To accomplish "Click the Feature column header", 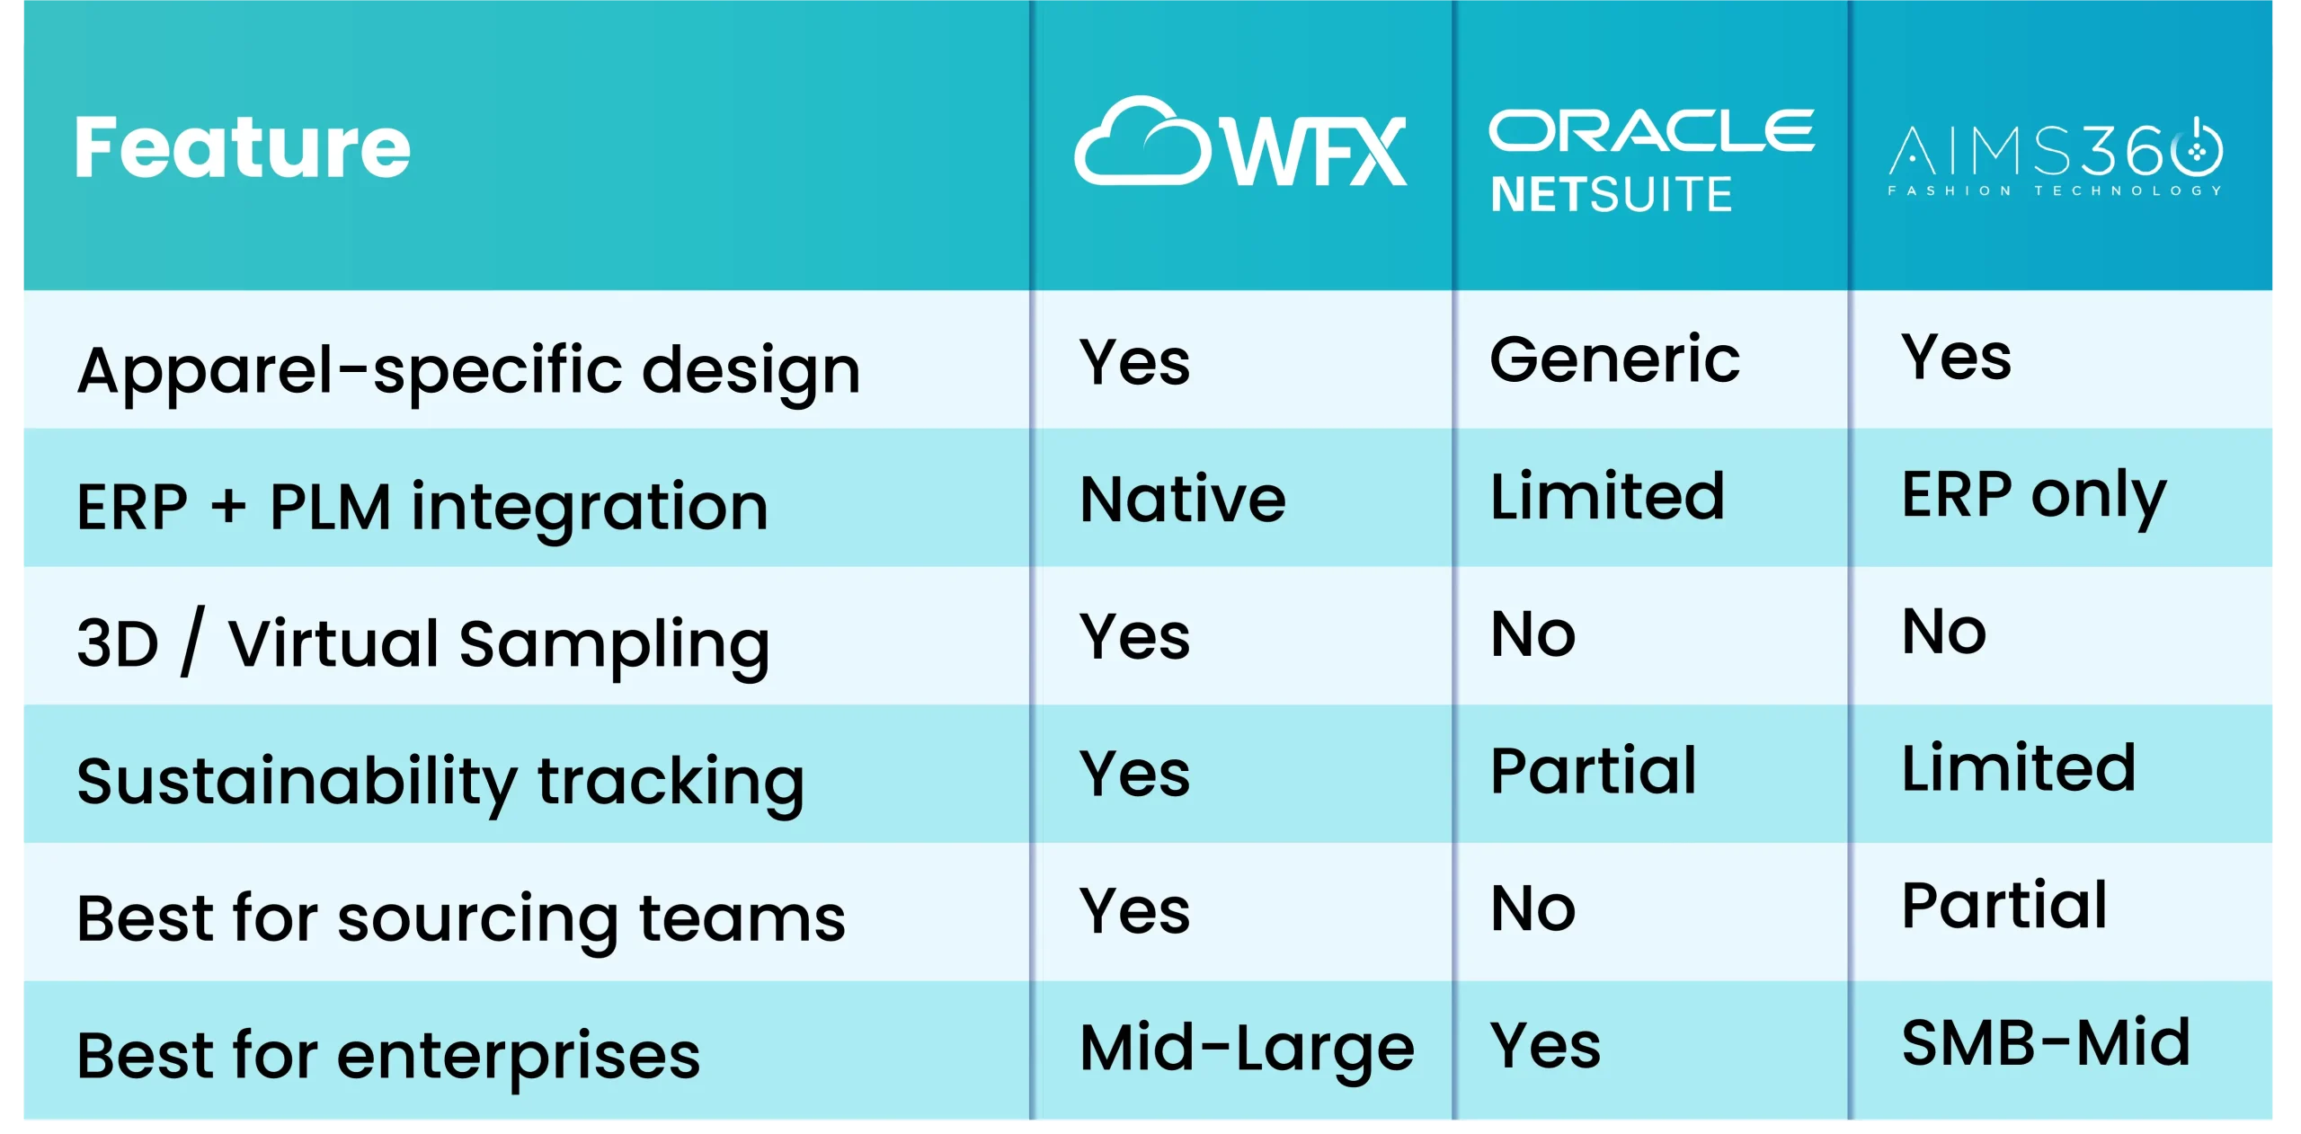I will coord(243,147).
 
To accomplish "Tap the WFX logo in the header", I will coord(1240,144).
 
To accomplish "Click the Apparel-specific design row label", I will coord(468,369).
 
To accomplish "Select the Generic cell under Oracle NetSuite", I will coord(1614,359).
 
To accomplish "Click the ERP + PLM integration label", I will coord(422,507).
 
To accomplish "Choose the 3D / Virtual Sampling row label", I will coord(422,643).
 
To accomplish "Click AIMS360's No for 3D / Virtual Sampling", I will coord(1943,632).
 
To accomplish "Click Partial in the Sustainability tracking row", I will coord(1593,771).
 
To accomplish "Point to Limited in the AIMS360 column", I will coord(2018,768).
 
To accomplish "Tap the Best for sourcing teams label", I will coord(460,918).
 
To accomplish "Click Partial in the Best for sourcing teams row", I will coord(2003,906).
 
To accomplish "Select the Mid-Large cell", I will coord(1247,1048).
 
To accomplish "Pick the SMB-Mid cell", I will coord(2046,1043).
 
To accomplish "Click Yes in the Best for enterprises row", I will coord(1545,1046).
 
